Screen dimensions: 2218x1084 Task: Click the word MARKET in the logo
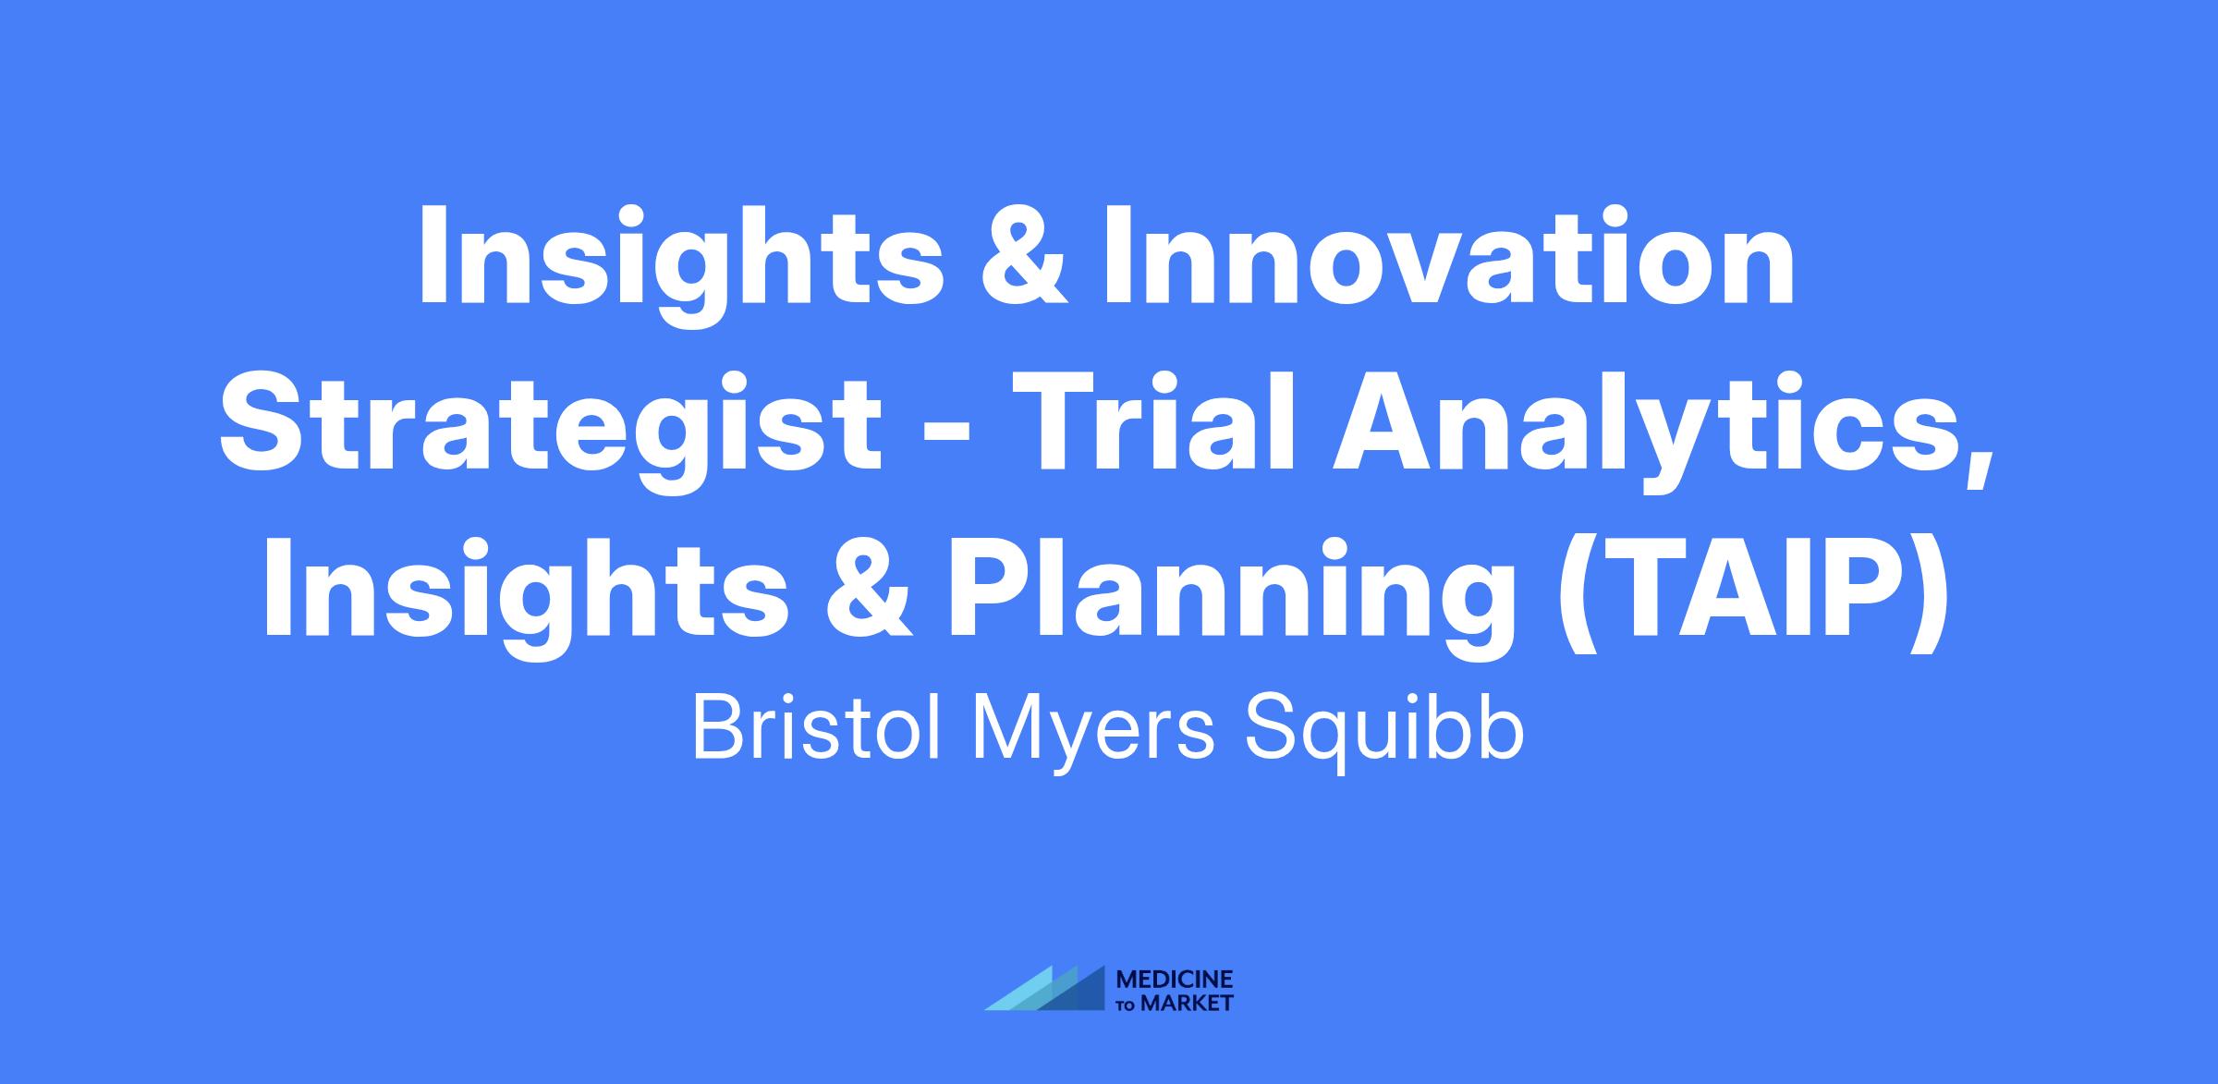(1187, 1003)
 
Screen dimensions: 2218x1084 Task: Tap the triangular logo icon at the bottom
(1045, 988)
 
